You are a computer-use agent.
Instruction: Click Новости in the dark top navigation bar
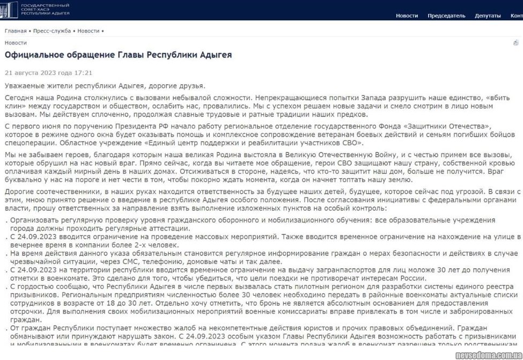[x=407, y=16]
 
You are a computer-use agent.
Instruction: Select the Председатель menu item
[x=446, y=16]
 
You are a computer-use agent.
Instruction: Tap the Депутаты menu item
[x=487, y=16]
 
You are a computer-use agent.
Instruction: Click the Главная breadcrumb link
[x=16, y=31]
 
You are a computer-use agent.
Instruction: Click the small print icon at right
[x=516, y=43]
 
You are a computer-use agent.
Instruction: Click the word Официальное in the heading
[x=33, y=55]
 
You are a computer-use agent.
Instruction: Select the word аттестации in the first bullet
[x=171, y=228]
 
